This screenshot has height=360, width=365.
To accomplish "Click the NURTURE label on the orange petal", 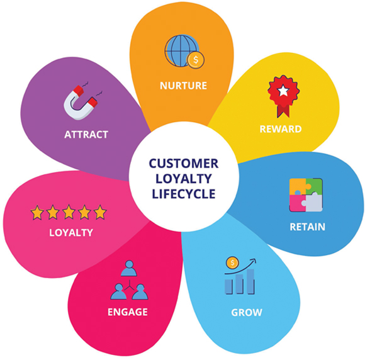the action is tap(183, 86).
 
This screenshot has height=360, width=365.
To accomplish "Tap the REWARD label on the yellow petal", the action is tap(281, 129).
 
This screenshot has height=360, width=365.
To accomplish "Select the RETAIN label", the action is tap(308, 227).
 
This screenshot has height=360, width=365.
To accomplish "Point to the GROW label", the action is tap(247, 312).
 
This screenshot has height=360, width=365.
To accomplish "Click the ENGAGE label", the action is tap(128, 312).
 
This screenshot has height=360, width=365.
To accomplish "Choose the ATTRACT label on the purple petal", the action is tap(86, 135).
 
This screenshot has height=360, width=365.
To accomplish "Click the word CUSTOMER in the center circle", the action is tap(184, 164).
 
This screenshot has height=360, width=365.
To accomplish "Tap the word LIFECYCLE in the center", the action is tap(184, 194).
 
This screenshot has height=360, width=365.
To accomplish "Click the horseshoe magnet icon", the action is tap(81, 103).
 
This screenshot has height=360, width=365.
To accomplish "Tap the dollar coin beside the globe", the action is tap(196, 60).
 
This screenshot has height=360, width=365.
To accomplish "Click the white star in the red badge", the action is tap(283, 91).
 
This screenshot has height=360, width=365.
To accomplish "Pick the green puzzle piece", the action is tap(314, 186).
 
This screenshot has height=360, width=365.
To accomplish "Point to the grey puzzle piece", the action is tap(313, 203).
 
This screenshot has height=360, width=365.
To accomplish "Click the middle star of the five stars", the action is tap(69, 212).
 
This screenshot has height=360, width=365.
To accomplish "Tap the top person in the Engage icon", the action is tap(129, 269).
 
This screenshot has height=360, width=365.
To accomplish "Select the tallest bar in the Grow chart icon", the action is tap(250, 282).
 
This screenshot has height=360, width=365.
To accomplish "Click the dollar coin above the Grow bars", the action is tap(232, 262).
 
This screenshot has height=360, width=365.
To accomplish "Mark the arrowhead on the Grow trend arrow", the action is tap(253, 261).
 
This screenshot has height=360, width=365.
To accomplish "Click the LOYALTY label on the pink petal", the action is tap(71, 233).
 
